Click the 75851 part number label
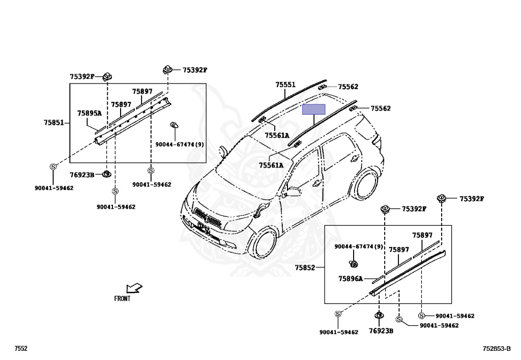click(53, 122)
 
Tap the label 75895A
click(89, 113)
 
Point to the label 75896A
click(351, 279)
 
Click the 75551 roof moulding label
click(285, 85)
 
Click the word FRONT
click(122, 299)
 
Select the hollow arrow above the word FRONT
click(134, 289)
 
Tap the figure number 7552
click(21, 348)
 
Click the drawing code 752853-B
click(497, 348)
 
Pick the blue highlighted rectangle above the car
click(314, 109)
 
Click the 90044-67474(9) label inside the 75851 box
click(180, 145)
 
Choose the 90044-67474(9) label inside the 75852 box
click(358, 247)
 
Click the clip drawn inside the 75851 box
click(174, 125)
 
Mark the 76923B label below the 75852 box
click(381, 330)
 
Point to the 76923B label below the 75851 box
click(82, 175)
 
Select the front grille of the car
click(208, 218)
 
